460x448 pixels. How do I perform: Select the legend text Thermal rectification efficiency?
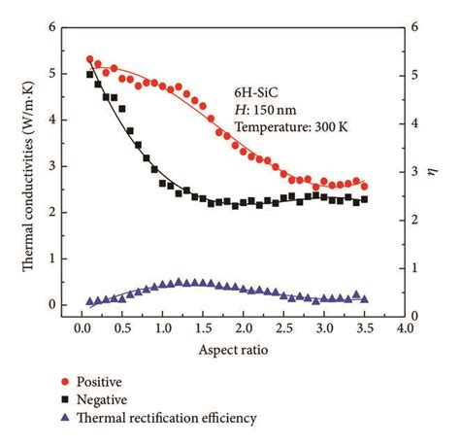pos(184,418)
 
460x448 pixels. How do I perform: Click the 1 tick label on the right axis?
pos(416,268)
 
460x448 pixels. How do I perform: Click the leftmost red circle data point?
pos(90,60)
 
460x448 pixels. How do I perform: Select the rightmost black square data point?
pos(364,200)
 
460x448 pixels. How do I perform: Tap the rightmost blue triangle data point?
pos(364,299)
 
